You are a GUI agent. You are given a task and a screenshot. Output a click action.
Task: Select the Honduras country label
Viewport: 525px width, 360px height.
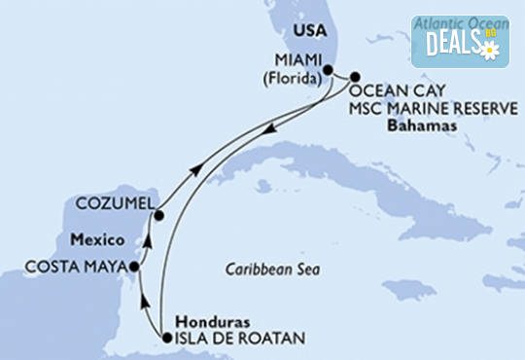pyautogui.click(x=210, y=322)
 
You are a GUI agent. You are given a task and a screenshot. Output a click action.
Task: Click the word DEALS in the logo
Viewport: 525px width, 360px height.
pyautogui.click(x=450, y=42)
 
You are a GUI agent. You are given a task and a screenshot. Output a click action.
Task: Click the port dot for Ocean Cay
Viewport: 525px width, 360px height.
pyautogui.click(x=355, y=76)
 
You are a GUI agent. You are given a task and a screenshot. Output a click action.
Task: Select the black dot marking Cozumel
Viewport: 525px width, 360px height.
pyautogui.click(x=157, y=215)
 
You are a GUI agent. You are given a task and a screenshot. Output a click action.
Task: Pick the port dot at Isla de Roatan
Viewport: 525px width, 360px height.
pyautogui.click(x=167, y=338)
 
